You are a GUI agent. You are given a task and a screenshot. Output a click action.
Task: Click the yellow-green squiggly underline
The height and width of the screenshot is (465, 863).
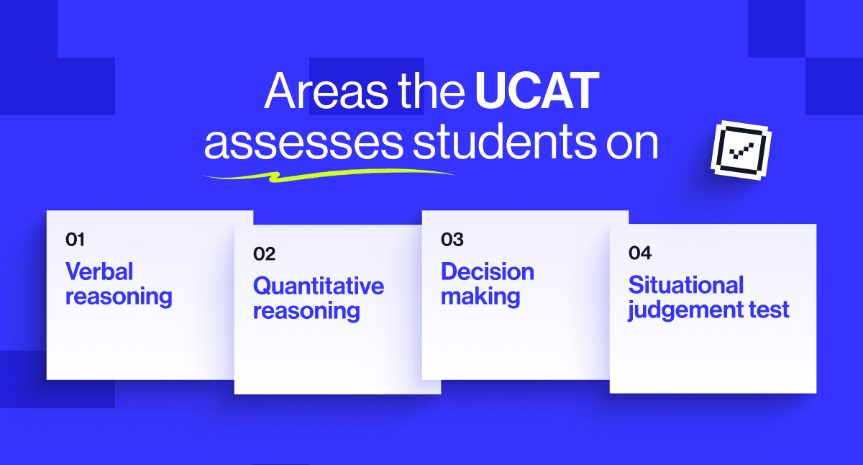tap(327, 174)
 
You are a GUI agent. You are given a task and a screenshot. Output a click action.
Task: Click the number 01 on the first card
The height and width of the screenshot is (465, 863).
tap(75, 240)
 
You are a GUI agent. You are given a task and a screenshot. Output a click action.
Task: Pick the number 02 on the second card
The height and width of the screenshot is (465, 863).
tap(264, 254)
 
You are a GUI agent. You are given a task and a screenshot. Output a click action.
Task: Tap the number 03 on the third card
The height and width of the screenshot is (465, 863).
tap(452, 240)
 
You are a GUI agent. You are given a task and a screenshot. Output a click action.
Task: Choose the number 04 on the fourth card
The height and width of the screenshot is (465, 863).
tap(639, 253)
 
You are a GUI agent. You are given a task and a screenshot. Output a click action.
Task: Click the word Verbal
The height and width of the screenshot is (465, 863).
tap(99, 271)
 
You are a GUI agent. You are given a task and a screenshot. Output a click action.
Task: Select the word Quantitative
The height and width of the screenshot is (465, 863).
tap(319, 286)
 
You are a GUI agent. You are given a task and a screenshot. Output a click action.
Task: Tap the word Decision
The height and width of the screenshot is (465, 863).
tap(487, 271)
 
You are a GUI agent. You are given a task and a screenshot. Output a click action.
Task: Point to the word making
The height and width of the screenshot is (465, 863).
tap(480, 296)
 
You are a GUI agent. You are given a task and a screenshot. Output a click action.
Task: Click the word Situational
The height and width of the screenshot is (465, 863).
tap(686, 285)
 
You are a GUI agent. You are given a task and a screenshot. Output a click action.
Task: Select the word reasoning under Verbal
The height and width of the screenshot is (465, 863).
tap(119, 296)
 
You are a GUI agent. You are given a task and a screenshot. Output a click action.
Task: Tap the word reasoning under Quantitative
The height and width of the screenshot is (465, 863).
tap(306, 311)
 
